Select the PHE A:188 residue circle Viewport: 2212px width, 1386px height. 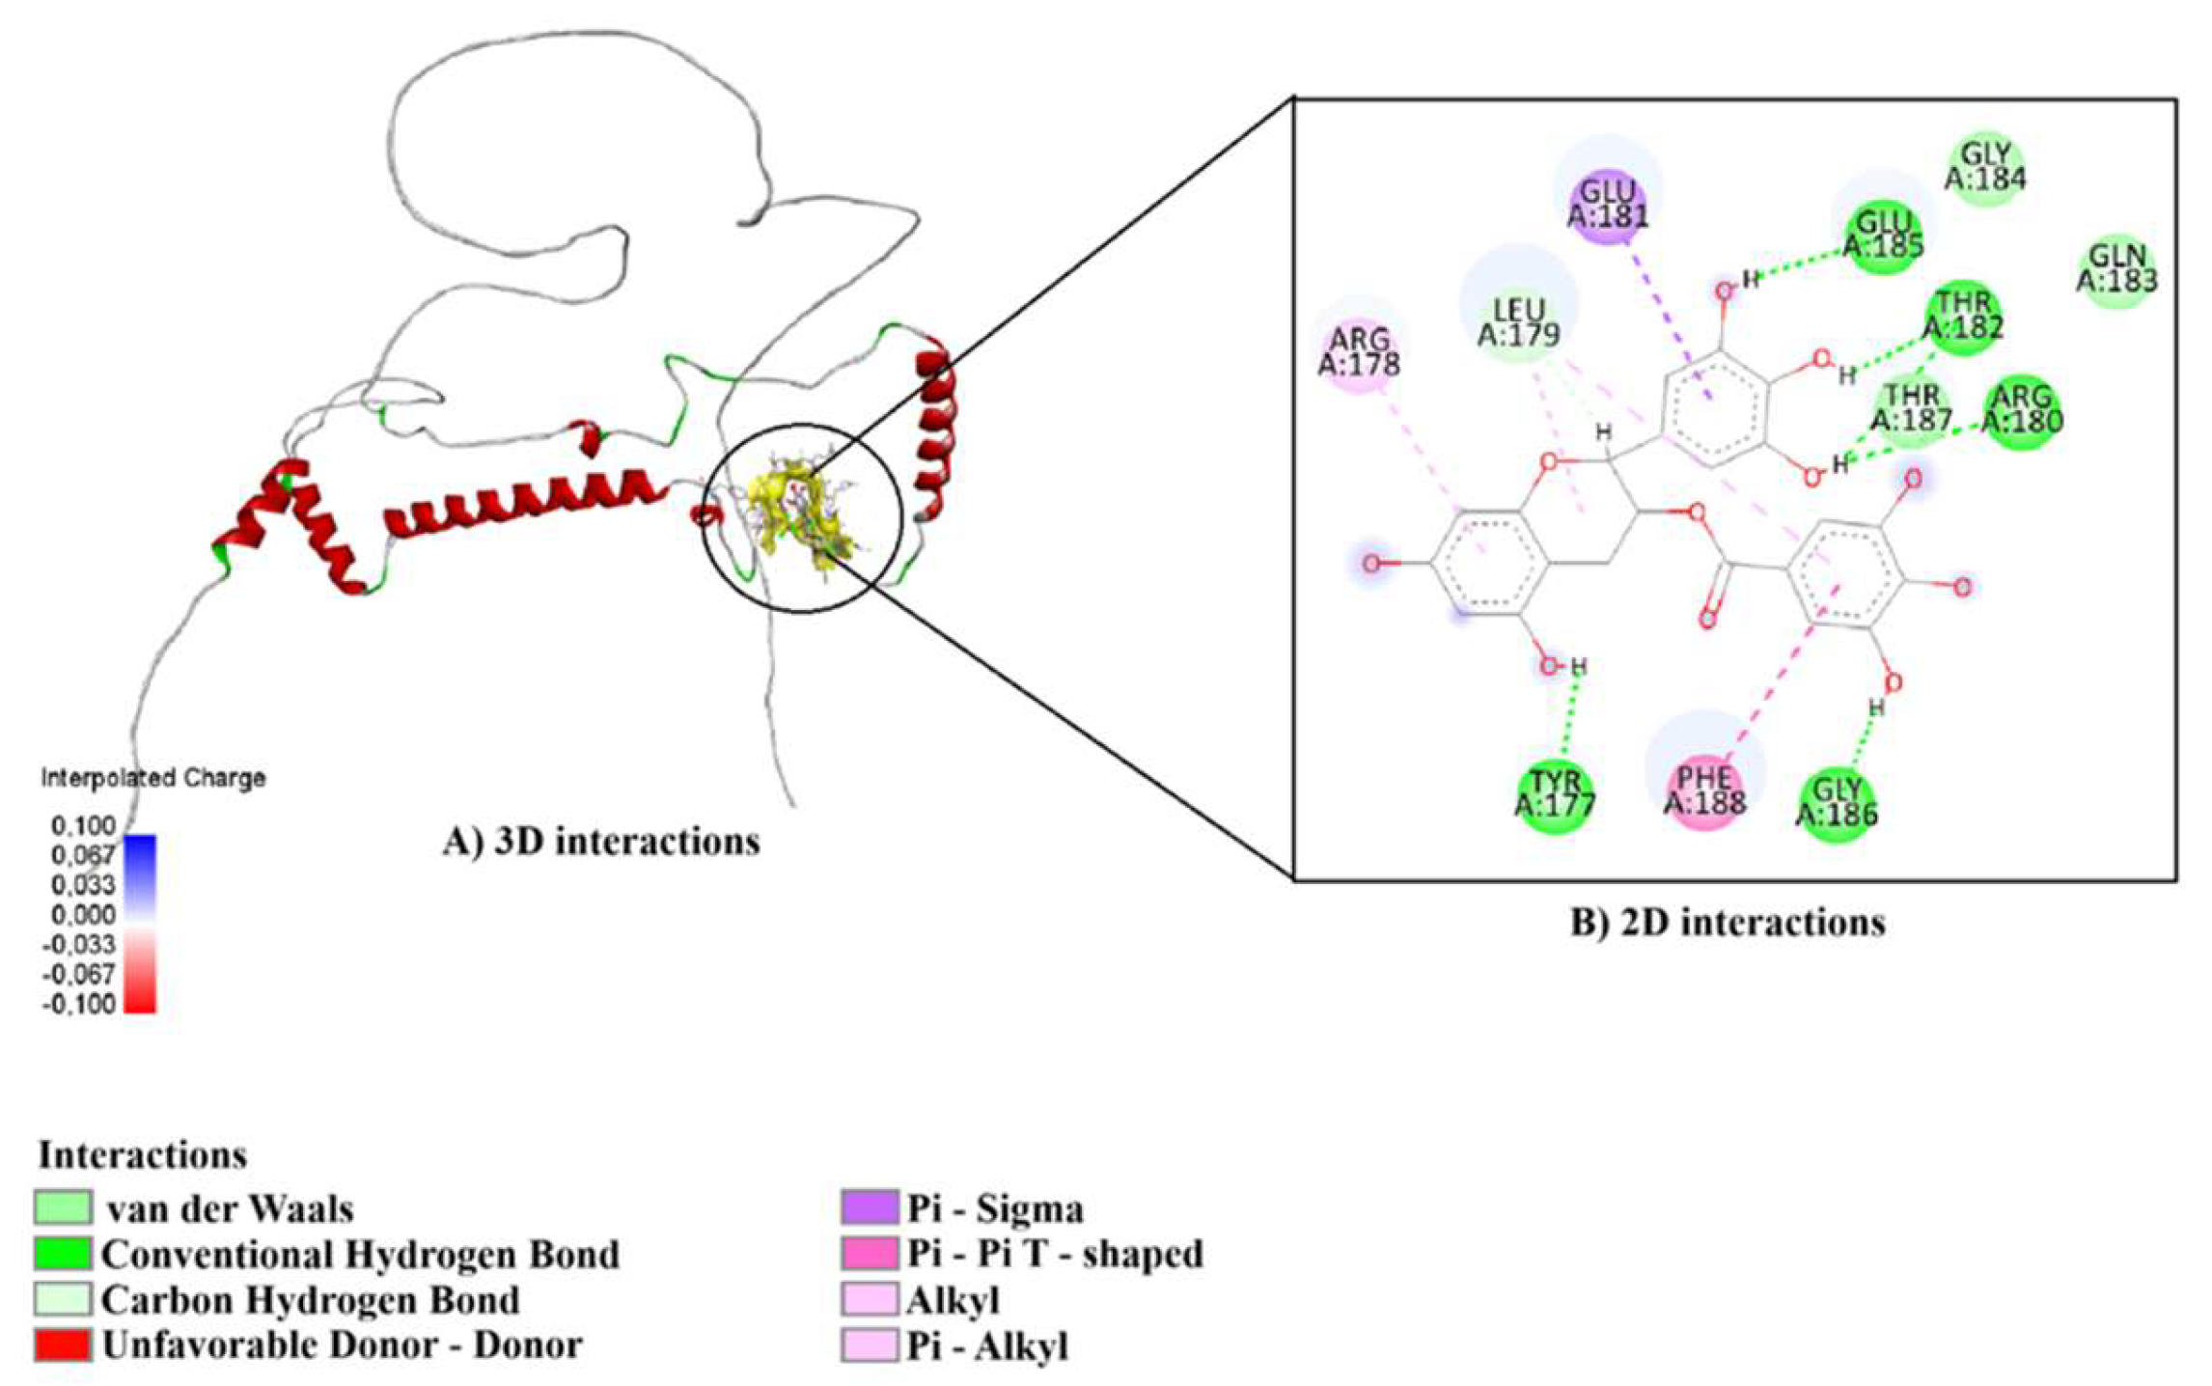coord(1704,790)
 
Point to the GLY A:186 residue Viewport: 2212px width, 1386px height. coord(1837,802)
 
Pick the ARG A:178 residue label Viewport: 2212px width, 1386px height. coord(1360,351)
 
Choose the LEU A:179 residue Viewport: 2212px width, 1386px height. coord(1519,322)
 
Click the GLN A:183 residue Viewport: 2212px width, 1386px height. coord(2117,268)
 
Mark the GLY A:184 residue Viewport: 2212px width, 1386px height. coord(1985,167)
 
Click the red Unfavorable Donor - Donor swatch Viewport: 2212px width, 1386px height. coord(63,1344)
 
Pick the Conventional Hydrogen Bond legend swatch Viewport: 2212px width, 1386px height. coord(63,1253)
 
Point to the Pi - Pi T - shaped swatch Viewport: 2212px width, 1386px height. coord(870,1253)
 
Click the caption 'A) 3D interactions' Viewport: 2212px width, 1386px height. coord(601,842)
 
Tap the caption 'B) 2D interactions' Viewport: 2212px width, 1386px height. coord(1728,923)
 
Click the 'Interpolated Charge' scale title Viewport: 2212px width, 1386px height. coord(152,778)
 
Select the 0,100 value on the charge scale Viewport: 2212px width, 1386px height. coord(84,825)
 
